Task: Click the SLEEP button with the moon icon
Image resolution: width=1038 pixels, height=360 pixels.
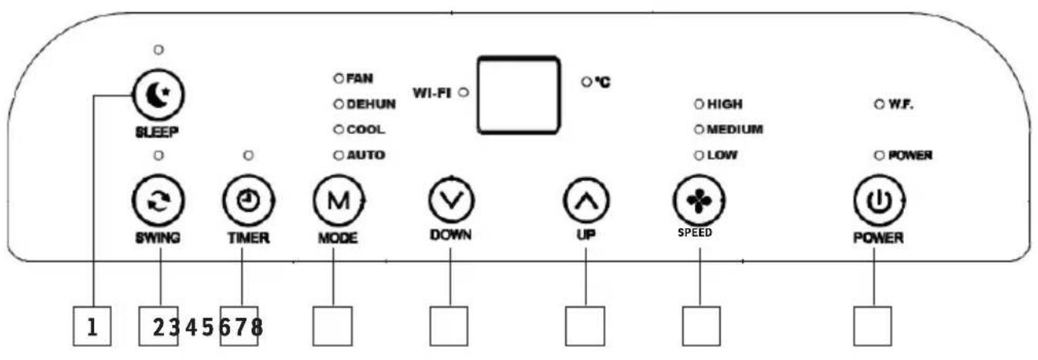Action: coord(159,95)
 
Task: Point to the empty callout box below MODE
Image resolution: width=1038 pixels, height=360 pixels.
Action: coord(332,326)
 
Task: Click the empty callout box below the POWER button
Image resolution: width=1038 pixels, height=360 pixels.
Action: coord(873,326)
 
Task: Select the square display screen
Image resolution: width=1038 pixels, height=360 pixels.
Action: coord(516,95)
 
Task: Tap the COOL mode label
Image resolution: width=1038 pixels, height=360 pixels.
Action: coord(365,130)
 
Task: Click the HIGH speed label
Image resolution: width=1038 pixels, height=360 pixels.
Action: coord(724,103)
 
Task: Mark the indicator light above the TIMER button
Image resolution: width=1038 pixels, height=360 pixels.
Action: coord(248,156)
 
